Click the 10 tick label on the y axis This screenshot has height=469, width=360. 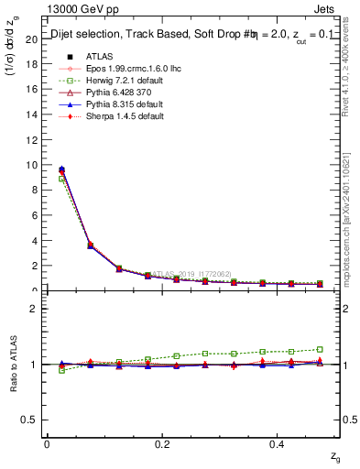point(32,166)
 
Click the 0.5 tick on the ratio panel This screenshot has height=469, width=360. point(32,420)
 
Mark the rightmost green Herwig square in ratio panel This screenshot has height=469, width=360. point(320,349)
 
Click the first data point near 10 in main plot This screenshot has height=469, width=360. point(61,169)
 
